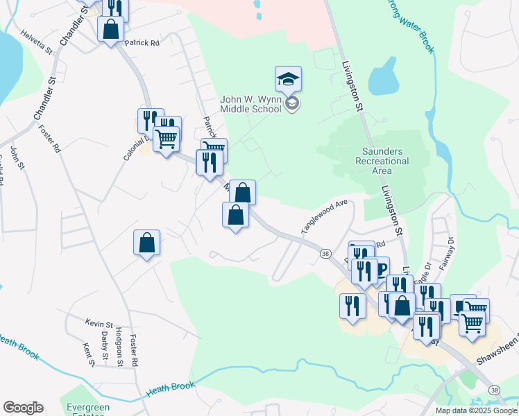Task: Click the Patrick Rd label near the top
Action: click(142, 42)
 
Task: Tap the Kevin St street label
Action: click(99, 323)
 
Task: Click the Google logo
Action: click(23, 408)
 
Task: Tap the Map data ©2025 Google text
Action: click(477, 410)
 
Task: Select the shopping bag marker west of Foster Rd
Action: click(146, 243)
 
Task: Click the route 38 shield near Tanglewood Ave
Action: click(325, 254)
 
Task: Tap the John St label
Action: click(17, 158)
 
